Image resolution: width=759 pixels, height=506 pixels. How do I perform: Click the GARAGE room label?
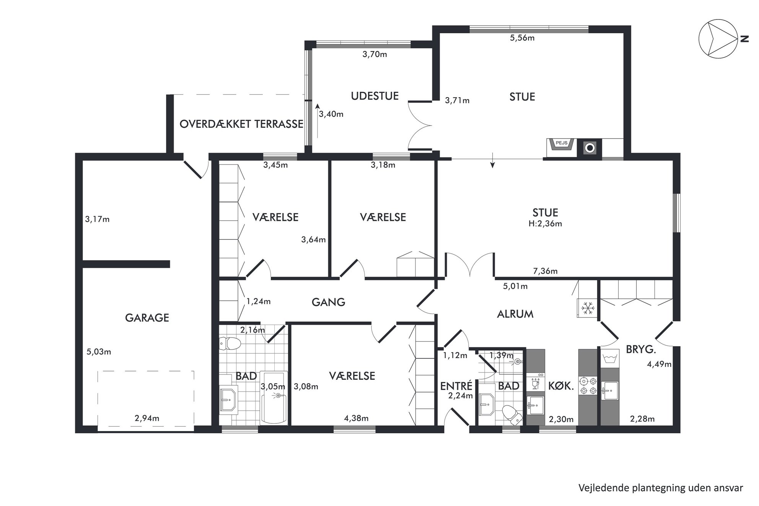147,318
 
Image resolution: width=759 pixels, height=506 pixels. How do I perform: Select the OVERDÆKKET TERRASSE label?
241,124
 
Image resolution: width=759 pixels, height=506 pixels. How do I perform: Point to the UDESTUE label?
375,96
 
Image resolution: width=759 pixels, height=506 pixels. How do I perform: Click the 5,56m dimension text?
522,38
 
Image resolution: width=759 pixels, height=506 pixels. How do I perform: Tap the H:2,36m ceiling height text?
545,224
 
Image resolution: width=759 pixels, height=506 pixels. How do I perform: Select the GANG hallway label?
328,303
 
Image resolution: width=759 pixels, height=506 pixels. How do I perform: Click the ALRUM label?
515,314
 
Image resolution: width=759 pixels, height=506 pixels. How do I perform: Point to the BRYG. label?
641,349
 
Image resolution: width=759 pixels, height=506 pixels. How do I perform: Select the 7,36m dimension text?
545,271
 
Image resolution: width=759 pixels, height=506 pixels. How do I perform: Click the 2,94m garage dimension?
147,418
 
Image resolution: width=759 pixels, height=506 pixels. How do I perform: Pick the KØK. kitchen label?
561,386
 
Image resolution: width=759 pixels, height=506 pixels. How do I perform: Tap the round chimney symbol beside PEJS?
590,148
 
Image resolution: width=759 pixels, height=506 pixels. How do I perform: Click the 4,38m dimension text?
356,418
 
